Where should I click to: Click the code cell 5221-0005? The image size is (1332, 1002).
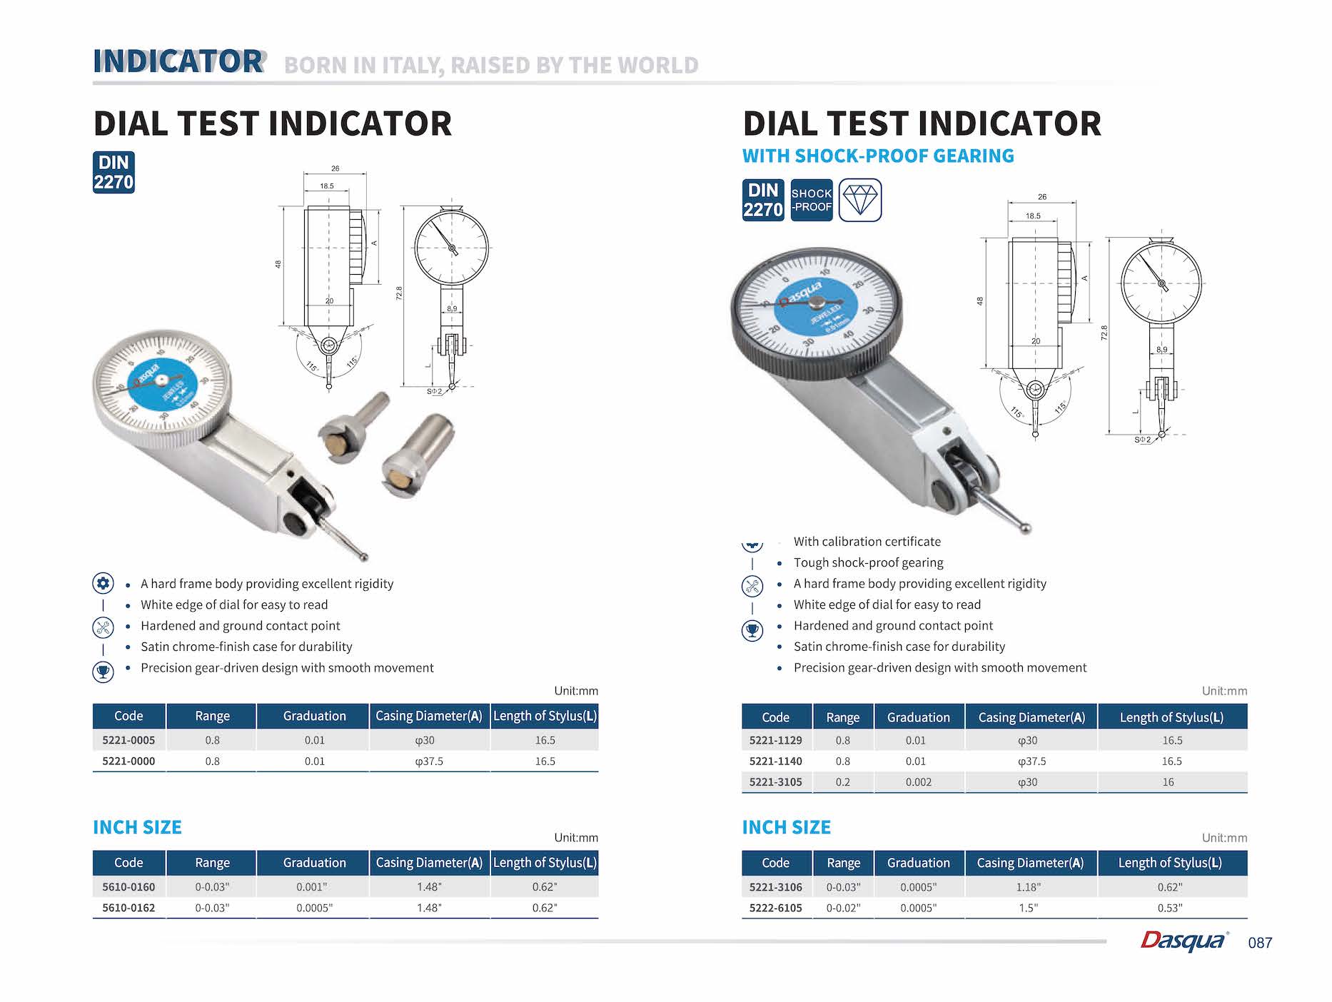tap(128, 740)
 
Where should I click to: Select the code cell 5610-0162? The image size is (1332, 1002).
tap(128, 908)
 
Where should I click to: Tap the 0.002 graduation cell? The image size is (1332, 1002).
tap(918, 782)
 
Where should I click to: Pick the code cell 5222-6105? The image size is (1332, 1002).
tap(776, 908)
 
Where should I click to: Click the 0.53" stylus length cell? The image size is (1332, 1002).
tap(1170, 908)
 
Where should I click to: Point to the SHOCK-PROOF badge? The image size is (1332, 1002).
tap(812, 200)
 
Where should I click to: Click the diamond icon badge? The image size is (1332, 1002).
tap(860, 200)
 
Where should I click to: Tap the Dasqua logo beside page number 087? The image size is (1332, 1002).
tap(1185, 941)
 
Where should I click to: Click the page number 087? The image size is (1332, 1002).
tap(1260, 943)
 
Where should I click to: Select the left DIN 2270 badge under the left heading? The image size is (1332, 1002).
tap(113, 173)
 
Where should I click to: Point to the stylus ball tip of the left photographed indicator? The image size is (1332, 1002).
tap(364, 557)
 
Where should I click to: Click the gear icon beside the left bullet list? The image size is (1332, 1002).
tap(104, 584)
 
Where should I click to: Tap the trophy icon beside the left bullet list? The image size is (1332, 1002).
tap(104, 672)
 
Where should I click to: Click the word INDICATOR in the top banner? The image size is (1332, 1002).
tap(178, 61)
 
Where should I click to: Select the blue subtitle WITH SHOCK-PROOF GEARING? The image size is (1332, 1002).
tap(878, 156)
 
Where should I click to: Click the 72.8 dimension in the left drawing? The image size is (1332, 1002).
tap(399, 293)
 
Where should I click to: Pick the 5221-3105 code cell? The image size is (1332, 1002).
tap(776, 782)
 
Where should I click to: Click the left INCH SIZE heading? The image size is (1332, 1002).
tap(137, 827)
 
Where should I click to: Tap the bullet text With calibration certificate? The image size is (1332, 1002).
tap(867, 542)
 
